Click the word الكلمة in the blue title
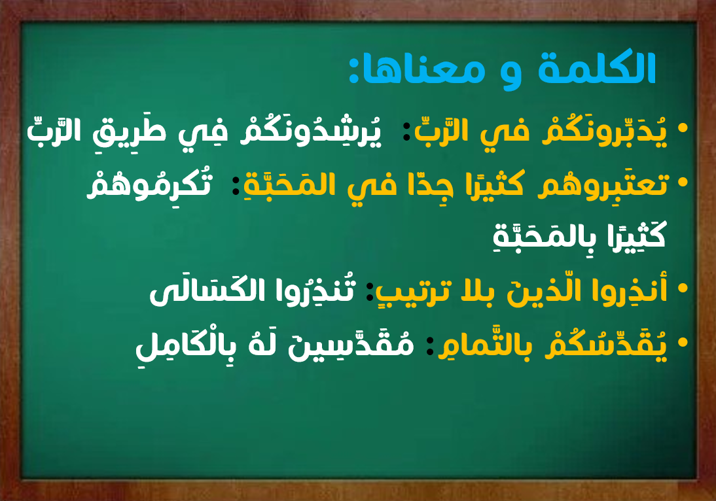pyautogui.click(x=598, y=68)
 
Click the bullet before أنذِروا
pyautogui.click(x=683, y=288)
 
